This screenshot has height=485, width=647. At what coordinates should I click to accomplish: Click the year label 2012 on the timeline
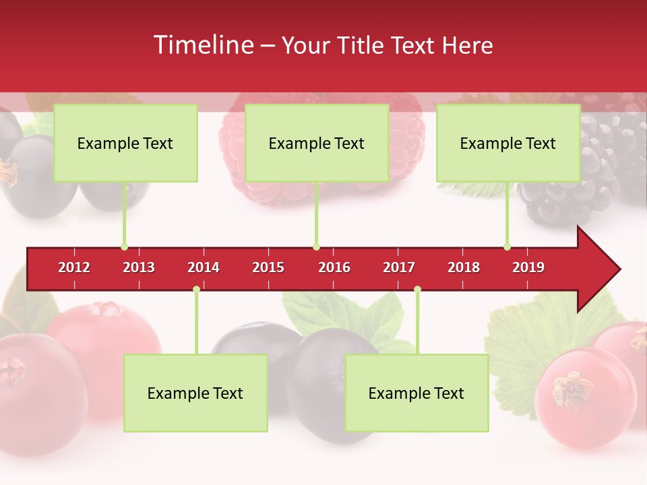click(x=74, y=268)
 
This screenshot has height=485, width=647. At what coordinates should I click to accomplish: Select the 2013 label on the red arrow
click(x=139, y=268)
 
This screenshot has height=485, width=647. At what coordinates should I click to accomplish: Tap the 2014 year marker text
click(x=204, y=268)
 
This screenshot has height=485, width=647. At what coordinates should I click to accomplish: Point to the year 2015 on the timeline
click(x=268, y=268)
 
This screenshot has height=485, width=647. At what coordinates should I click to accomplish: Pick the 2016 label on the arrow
click(x=334, y=268)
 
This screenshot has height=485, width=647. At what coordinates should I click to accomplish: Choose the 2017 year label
click(x=399, y=268)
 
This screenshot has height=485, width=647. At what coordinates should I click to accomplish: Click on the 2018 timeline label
click(x=464, y=268)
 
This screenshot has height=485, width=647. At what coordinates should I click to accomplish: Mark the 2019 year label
click(x=528, y=268)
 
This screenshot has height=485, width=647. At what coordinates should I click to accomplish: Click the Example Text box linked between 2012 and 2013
click(x=125, y=143)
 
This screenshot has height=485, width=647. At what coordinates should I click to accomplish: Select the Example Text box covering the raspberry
click(x=317, y=143)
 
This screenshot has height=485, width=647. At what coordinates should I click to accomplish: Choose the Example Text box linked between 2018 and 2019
click(x=508, y=143)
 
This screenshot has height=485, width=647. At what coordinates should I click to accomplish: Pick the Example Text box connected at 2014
click(x=195, y=393)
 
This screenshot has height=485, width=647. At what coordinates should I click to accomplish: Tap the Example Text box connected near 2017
click(x=417, y=393)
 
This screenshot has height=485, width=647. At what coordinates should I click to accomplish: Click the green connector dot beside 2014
click(x=196, y=290)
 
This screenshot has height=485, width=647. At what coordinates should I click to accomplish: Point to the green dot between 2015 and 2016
click(x=316, y=247)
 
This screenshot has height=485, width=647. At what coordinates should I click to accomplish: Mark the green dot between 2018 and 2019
click(x=507, y=247)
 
